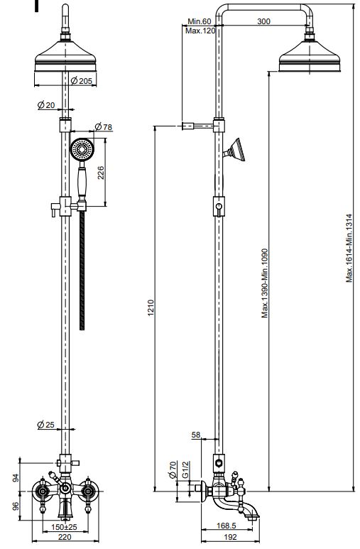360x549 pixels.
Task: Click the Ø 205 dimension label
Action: point(81,81)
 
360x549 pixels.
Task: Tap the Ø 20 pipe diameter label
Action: point(46,104)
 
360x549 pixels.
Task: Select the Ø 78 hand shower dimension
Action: point(104,126)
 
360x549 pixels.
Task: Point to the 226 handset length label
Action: point(101,173)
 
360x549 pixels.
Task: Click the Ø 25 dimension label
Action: point(46,425)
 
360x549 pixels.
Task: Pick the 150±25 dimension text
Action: point(64,526)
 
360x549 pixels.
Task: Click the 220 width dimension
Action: point(65,537)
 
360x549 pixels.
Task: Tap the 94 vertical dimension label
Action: point(16,478)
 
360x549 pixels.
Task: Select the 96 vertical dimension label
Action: point(16,506)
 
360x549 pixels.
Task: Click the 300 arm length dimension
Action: point(263,21)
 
